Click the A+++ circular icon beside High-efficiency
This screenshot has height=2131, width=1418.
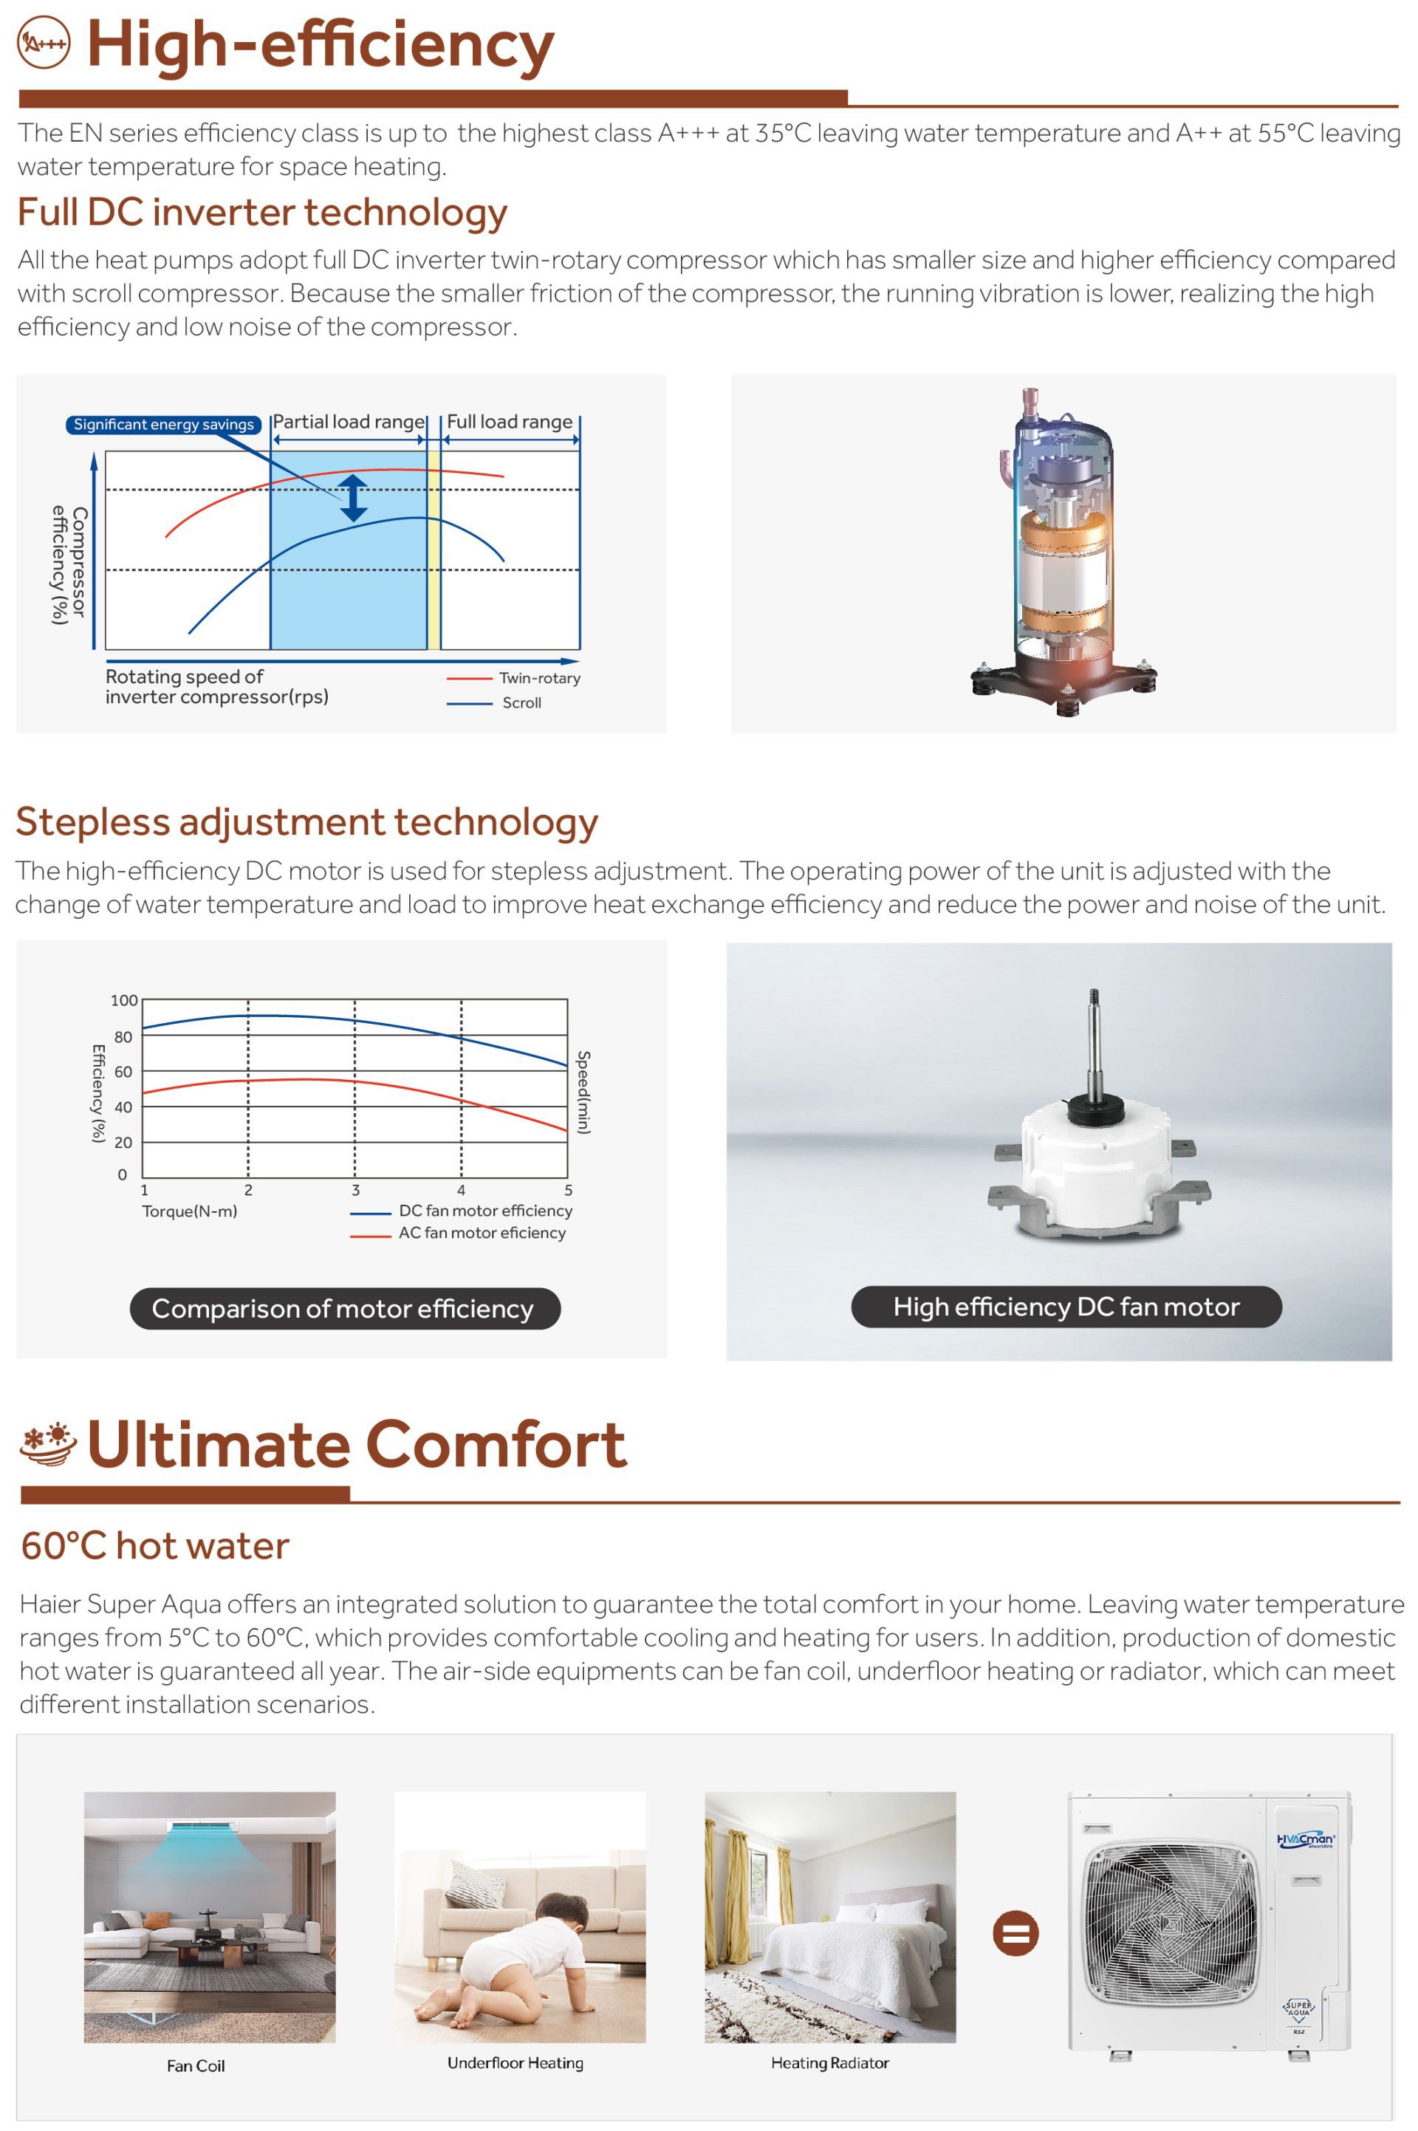tap(44, 43)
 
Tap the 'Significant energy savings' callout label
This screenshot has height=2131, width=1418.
tap(164, 424)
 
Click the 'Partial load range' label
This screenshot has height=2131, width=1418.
tap(348, 422)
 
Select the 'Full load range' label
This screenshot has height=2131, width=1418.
tap(509, 422)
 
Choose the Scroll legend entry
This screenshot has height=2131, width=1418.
tap(494, 702)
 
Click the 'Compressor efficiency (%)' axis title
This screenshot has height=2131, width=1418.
tap(69, 564)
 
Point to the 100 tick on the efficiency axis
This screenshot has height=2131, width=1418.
tap(124, 1000)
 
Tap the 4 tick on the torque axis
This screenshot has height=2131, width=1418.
tap(461, 1190)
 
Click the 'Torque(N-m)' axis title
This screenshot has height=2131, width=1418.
tap(189, 1211)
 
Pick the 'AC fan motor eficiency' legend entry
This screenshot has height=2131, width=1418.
tap(459, 1234)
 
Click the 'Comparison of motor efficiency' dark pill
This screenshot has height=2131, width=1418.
tap(345, 1309)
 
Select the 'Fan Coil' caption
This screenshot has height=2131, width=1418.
tap(195, 2066)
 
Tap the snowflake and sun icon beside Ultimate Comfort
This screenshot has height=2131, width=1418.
tap(48, 1443)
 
